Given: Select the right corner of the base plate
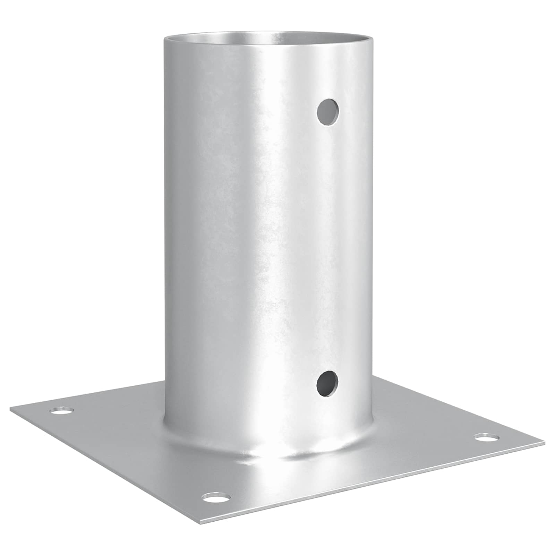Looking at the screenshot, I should [x=543, y=444].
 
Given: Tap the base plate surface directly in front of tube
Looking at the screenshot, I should [x=264, y=486].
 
